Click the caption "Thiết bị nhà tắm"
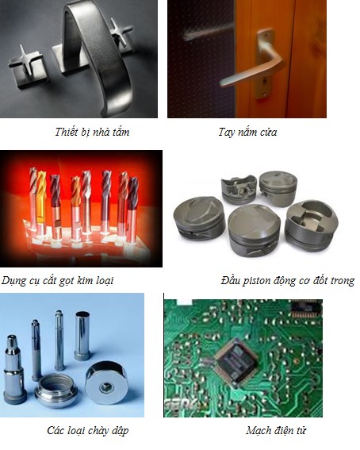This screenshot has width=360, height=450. click(x=92, y=132)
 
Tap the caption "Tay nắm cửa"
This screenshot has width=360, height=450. click(x=247, y=132)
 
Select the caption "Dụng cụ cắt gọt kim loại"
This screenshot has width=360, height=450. click(x=57, y=280)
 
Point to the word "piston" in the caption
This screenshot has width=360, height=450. click(x=258, y=281)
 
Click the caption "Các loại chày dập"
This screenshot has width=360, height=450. click(x=88, y=430)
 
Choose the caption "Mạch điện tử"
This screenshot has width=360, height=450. click(x=276, y=430)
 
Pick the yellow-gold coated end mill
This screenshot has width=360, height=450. click(x=41, y=201)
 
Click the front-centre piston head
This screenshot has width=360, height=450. click(x=254, y=229)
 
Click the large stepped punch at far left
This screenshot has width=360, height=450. click(x=13, y=370)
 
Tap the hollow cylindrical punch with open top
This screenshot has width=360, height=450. click(x=82, y=336)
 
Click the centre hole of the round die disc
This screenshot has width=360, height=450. click(x=106, y=388)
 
